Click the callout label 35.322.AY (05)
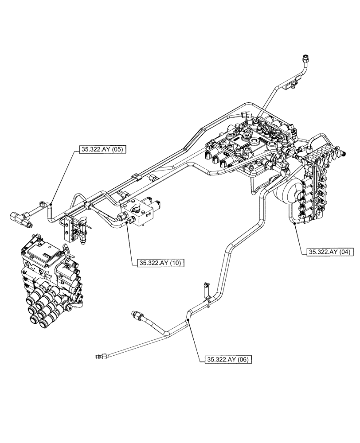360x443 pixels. pyautogui.click(x=102, y=149)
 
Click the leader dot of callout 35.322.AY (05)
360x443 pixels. pyautogui.click(x=50, y=204)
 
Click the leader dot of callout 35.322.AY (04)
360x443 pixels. pyautogui.click(x=295, y=224)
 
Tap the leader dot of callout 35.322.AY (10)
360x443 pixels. pyautogui.click(x=127, y=223)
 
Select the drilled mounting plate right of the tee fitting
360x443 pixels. pyautogui.click(x=69, y=229)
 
